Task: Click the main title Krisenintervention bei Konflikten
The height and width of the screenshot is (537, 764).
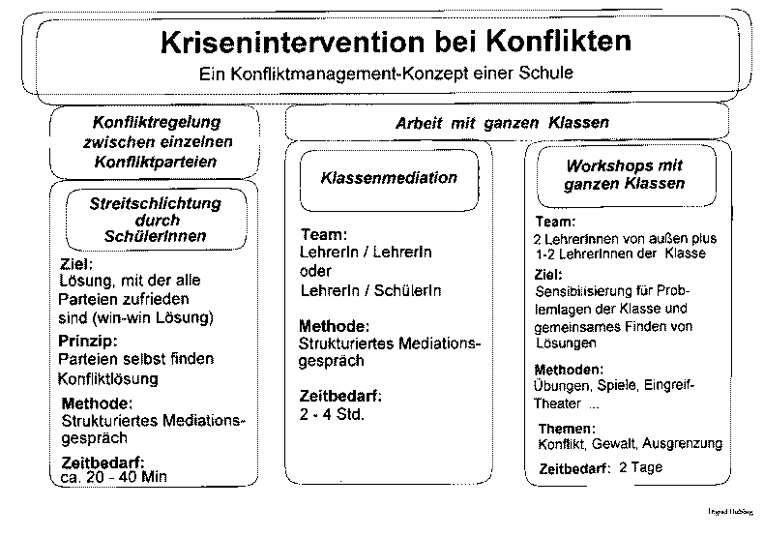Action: click(393, 43)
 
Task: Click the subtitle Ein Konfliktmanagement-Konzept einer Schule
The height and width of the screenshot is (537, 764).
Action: click(386, 73)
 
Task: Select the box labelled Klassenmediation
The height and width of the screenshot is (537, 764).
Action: click(389, 178)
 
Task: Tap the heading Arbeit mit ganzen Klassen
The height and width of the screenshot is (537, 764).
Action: click(502, 124)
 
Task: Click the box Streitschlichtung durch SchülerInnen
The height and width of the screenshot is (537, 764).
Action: click(155, 220)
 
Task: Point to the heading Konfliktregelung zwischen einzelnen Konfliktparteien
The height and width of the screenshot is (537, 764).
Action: click(156, 142)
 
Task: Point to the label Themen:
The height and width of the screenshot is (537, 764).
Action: click(566, 429)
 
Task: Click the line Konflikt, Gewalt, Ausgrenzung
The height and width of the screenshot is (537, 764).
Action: click(629, 444)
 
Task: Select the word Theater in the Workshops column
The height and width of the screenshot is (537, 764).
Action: click(558, 403)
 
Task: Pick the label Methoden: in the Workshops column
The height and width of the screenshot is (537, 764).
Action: click(569, 369)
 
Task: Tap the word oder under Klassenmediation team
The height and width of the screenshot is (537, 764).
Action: click(316, 272)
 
